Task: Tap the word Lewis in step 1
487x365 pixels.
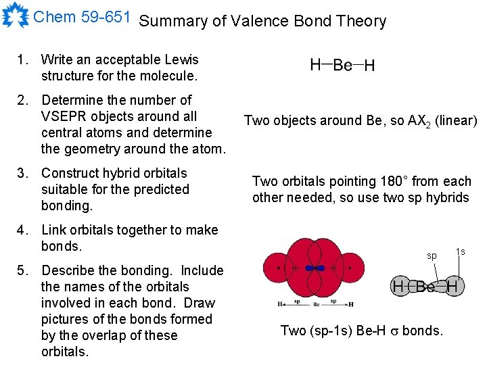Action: (182, 59)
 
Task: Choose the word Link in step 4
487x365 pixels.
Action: (55, 230)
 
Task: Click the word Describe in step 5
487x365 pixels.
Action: (69, 270)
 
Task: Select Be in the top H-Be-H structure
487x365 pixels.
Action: (342, 66)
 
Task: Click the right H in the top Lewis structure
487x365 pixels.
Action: (370, 66)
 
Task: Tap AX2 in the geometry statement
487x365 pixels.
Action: (418, 122)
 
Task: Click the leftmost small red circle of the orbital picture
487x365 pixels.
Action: (279, 268)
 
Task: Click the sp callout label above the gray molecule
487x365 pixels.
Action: (431, 256)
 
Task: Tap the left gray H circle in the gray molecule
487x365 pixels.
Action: (399, 287)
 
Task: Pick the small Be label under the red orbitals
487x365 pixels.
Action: (316, 305)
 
